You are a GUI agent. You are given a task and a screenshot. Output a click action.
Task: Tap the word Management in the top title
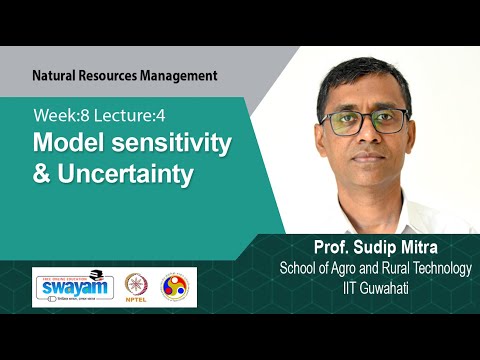coord(178,75)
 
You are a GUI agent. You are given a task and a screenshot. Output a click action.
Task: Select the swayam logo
coord(73,287)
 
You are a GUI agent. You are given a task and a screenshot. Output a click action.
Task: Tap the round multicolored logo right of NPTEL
coord(178,288)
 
